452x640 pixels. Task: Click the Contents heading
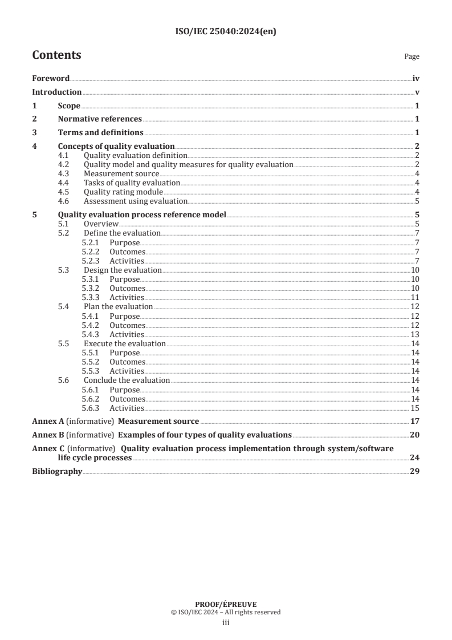pos(56,55)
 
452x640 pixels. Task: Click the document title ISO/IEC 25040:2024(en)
pos(226,33)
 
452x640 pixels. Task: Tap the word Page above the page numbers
pos(412,56)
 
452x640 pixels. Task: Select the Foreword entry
pos(51,79)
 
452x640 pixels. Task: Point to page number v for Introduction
pos(417,92)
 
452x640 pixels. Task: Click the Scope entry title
pos(69,106)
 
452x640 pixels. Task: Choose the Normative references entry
pos(100,119)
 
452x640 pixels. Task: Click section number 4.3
pos(64,173)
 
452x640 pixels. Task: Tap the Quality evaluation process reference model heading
pos(142,215)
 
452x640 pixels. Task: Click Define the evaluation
pos(122,233)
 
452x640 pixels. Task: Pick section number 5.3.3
pos(90,297)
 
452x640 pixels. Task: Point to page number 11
pos(416,297)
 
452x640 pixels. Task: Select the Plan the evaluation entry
pos(118,306)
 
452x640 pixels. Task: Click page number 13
pos(416,334)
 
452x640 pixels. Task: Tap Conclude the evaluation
pos(127,380)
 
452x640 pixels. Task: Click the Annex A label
pos(48,422)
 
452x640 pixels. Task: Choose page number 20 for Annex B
pos(416,435)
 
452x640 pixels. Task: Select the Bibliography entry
pos(57,472)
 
